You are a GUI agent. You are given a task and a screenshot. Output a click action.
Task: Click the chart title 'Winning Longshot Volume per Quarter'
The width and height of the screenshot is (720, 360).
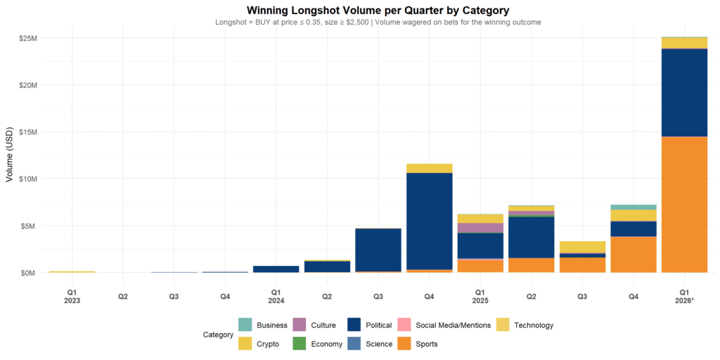click(378, 11)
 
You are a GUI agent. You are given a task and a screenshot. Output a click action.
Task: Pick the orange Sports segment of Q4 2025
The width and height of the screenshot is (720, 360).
click(633, 254)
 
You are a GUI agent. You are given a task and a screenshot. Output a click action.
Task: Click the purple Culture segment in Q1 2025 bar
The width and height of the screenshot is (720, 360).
click(480, 228)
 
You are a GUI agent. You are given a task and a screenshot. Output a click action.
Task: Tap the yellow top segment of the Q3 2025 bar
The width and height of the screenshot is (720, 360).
click(582, 247)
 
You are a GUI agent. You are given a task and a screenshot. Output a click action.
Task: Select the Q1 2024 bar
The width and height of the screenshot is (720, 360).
click(276, 269)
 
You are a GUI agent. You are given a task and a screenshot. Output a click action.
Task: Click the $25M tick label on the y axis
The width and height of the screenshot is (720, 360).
click(28, 38)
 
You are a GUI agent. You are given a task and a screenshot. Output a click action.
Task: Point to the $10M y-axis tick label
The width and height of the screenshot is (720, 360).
click(28, 179)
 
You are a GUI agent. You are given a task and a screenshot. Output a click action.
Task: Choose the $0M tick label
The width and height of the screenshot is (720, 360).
click(30, 273)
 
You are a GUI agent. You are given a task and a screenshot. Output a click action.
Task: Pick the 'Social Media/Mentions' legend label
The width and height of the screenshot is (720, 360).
click(453, 325)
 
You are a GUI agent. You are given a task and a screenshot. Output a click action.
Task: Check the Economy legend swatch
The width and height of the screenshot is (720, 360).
click(299, 344)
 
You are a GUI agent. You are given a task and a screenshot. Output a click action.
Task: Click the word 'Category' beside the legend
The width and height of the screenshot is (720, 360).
click(217, 335)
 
